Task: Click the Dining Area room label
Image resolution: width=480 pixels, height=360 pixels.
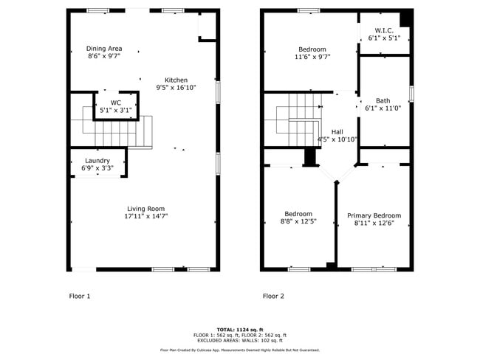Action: [x=104, y=48]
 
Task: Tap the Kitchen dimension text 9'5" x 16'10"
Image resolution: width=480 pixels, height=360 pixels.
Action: [x=176, y=88]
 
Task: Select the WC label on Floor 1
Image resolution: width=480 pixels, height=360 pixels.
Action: [x=116, y=103]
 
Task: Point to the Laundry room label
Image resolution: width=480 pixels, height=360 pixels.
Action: [x=97, y=160]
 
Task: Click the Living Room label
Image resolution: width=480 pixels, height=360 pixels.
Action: [x=145, y=208]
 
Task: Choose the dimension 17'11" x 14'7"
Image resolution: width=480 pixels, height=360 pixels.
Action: [x=145, y=216]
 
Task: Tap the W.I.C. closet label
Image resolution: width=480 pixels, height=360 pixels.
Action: [x=383, y=30]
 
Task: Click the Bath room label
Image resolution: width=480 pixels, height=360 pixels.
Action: [x=383, y=101]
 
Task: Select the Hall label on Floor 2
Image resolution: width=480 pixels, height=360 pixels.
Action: [x=337, y=131]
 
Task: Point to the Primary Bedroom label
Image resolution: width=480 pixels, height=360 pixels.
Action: [x=374, y=215]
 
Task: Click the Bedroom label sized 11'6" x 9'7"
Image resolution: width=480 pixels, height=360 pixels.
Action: [x=312, y=49]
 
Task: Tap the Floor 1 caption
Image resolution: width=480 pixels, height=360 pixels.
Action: [x=79, y=296]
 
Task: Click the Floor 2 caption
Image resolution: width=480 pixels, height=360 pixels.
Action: [x=273, y=296]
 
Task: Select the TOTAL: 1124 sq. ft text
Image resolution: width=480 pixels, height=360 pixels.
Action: [x=240, y=329]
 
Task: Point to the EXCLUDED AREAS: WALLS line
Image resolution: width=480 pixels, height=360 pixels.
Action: [x=240, y=340]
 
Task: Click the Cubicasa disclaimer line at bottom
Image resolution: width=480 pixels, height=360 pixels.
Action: [x=240, y=350]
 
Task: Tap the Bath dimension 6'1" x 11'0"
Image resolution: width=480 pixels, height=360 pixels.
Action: [x=383, y=109]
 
